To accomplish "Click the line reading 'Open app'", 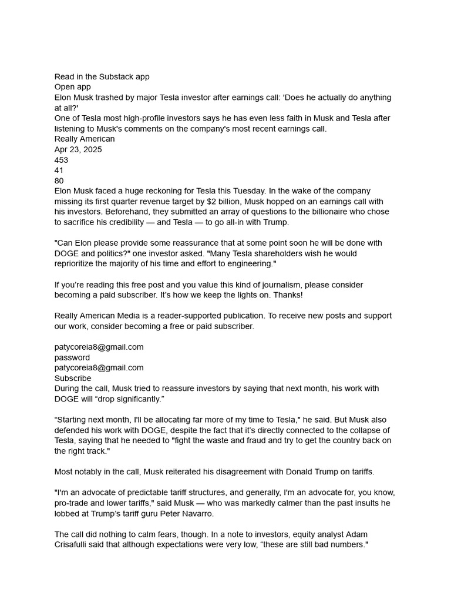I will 73,87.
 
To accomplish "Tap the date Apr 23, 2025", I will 78,149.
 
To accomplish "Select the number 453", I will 61,160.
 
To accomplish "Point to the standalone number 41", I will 59,170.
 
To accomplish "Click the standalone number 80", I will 59,180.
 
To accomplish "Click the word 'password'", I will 72,357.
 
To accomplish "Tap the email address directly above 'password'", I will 99,347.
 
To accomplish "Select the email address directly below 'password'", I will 99,367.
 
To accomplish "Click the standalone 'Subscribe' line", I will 73,378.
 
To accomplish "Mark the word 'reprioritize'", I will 78,264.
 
